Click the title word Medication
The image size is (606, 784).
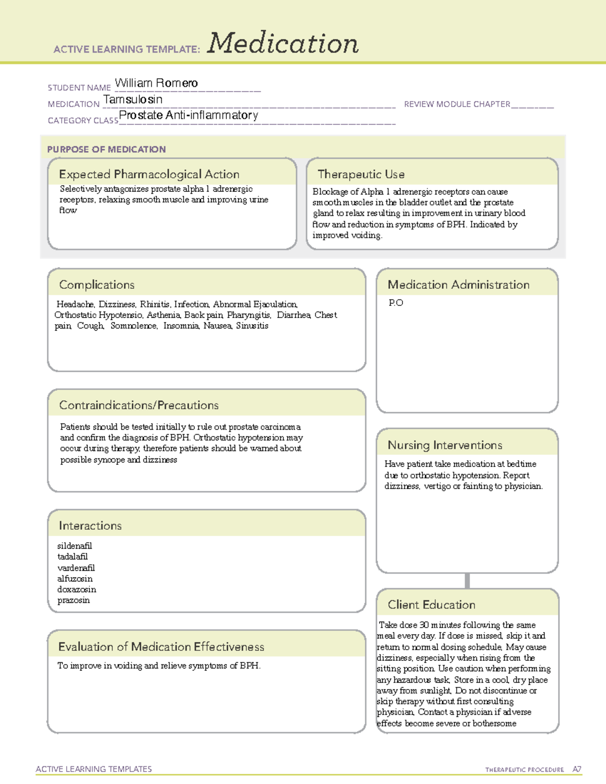[x=283, y=43]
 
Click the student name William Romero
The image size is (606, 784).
[x=156, y=83]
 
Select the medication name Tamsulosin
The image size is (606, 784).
[x=133, y=99]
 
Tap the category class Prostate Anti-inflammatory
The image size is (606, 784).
[x=188, y=115]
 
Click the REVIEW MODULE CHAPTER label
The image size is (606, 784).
[x=457, y=104]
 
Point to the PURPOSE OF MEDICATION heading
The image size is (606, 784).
[x=106, y=149]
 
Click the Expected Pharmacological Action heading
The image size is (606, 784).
[x=149, y=174]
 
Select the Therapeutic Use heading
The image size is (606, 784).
[x=361, y=174]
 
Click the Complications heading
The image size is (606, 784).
[x=96, y=285]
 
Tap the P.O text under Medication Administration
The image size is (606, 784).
[x=395, y=303]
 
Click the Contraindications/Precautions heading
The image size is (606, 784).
[x=139, y=405]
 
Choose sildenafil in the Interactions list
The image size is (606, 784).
[x=75, y=546]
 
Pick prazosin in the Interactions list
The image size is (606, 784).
[x=74, y=600]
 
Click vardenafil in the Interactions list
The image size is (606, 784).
[x=76, y=568]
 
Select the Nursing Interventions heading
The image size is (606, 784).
[x=445, y=445]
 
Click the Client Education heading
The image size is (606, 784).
[x=431, y=605]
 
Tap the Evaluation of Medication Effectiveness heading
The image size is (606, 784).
[x=161, y=647]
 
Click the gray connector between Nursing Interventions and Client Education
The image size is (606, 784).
[x=467, y=581]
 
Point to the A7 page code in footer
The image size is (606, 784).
[x=577, y=769]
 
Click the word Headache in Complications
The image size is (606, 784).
[x=75, y=304]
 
